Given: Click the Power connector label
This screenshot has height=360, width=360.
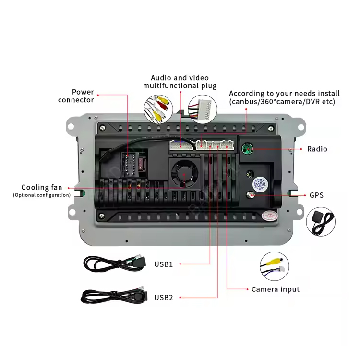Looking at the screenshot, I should (76, 96).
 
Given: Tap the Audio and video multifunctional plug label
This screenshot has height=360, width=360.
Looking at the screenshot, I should (180, 82).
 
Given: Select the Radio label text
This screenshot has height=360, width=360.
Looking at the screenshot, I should (317, 149).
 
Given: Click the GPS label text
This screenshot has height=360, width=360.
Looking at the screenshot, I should (316, 195).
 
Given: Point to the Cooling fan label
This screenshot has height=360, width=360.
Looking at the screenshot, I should (42, 188).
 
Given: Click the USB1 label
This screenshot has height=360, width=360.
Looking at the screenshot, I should (163, 264).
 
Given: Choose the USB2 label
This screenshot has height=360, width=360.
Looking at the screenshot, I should (163, 297).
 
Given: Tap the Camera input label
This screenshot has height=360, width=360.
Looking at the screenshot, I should (275, 289).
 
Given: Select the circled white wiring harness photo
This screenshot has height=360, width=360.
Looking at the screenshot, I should (203, 108).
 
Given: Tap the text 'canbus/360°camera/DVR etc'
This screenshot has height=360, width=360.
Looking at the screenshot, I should (282, 102).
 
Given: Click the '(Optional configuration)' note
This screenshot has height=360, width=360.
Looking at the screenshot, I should (42, 195).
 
